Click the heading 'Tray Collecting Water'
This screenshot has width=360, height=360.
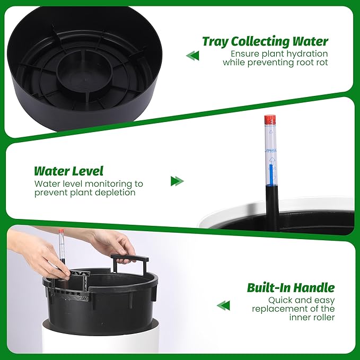265,42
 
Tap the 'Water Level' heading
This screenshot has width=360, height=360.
68,171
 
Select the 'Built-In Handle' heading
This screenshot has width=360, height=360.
291,288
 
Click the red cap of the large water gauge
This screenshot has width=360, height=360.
270,119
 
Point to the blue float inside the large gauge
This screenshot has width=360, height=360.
271,175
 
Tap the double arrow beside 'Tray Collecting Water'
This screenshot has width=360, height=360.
192,56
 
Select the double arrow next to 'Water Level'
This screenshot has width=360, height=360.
177,181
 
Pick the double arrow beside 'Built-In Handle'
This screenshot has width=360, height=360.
223,305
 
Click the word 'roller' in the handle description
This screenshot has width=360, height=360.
323,317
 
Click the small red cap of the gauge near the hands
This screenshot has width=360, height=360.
61,231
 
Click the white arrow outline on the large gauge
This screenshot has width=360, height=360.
272,160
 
